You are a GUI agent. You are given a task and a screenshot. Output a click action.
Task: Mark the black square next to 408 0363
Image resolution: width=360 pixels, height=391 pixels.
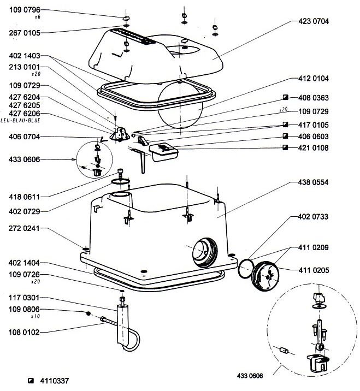coord(286,98)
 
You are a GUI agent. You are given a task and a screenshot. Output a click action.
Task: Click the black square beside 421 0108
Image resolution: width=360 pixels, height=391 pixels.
coord(286,147)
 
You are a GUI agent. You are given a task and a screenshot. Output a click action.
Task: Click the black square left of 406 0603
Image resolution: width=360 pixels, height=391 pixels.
coord(286,136)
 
